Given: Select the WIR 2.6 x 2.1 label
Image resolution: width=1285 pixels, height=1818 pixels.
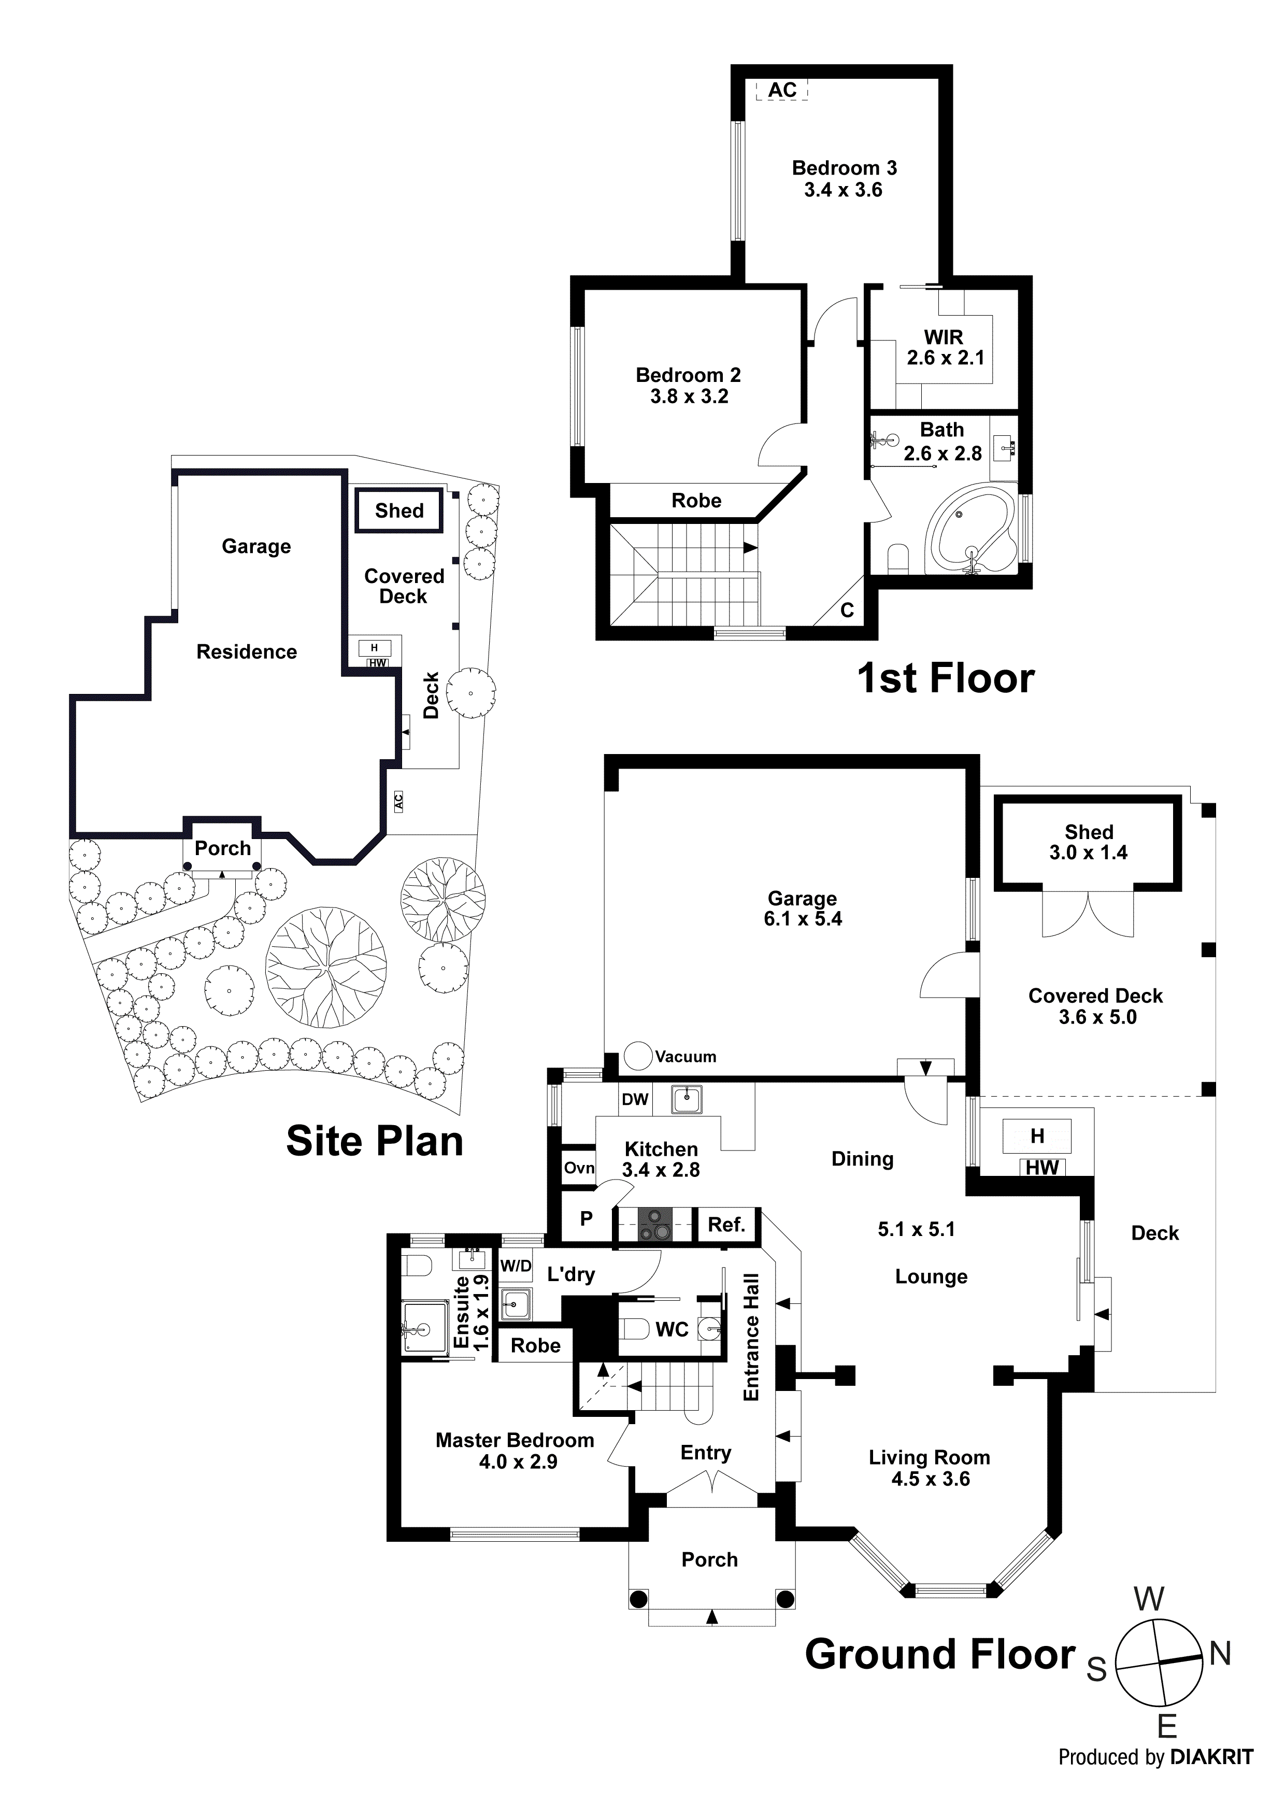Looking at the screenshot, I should pos(945,348).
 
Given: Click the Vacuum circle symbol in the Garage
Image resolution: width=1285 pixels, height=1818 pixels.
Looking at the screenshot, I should pos(637,1056).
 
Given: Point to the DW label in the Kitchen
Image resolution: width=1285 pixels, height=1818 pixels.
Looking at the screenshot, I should pos(634,1099).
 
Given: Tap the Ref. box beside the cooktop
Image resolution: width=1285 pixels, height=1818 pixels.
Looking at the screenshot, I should pos(726,1225).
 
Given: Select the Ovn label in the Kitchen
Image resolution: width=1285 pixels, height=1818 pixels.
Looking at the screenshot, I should pos(579,1168).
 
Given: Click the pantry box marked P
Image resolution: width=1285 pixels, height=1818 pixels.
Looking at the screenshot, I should pos(586,1218).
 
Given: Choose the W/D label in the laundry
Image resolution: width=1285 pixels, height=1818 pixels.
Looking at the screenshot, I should pos(516,1266).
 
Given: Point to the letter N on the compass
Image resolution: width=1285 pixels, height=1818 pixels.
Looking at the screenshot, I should pos(1220,1653).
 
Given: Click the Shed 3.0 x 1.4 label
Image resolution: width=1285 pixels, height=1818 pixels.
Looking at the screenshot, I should pos(1089,843).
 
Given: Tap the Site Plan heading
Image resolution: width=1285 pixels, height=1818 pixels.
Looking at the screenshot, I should pos(375,1141).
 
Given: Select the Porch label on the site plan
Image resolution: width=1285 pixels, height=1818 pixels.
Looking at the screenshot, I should pos(222,848).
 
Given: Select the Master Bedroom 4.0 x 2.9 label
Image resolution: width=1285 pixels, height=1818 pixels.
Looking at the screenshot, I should pos(515,1451).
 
